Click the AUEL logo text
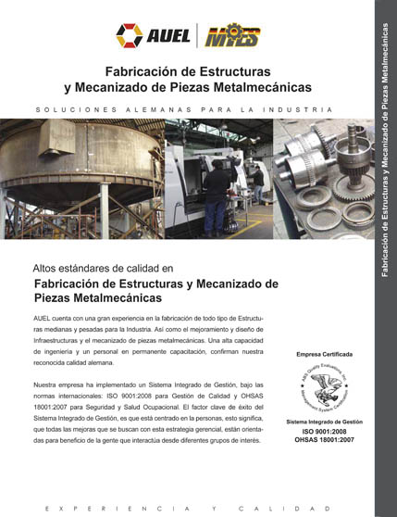(167, 36)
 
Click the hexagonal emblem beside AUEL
(129, 35)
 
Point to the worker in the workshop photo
(217, 181)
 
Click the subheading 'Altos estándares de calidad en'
(102, 268)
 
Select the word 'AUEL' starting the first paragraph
(43, 318)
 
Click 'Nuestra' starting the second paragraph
(48, 383)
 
